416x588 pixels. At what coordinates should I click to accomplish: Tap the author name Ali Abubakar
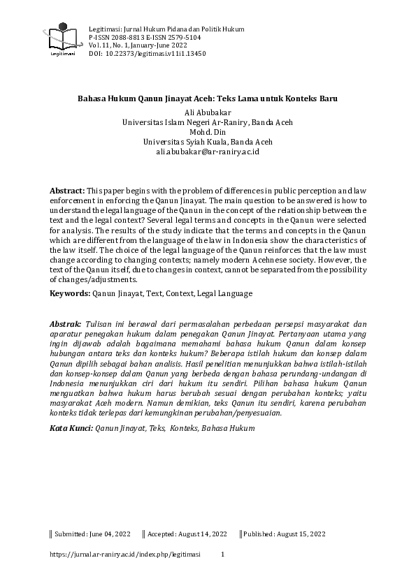(207, 111)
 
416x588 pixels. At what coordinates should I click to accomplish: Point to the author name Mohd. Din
(207, 131)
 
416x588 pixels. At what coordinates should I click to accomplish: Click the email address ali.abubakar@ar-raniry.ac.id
(208, 151)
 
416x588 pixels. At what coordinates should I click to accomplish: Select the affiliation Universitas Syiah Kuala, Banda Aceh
(207, 141)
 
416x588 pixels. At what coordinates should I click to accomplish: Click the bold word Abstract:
(66, 191)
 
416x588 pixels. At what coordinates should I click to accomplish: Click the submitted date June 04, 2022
(108, 534)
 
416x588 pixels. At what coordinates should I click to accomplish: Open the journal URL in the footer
(125, 554)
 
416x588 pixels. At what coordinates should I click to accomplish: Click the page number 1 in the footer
(222, 554)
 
